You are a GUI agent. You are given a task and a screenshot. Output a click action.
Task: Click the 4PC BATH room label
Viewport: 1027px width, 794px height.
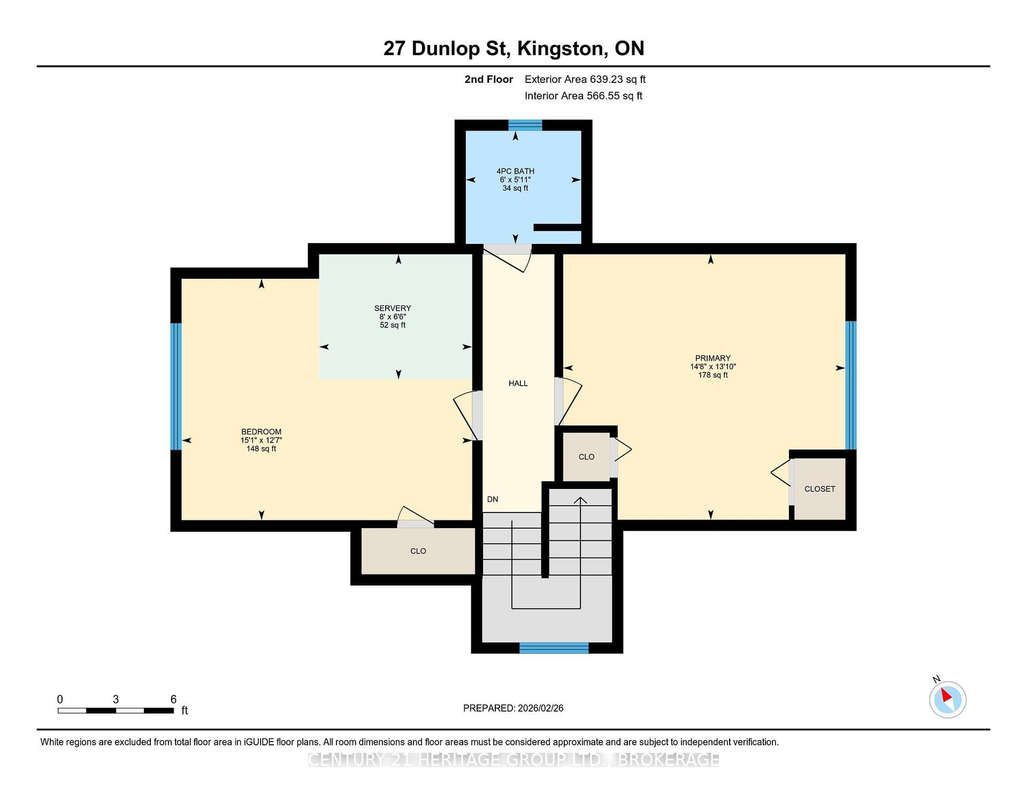pos(515,171)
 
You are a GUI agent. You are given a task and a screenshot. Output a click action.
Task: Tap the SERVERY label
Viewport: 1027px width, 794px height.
pos(393,308)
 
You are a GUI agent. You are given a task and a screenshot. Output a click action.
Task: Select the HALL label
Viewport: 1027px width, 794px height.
pos(518,383)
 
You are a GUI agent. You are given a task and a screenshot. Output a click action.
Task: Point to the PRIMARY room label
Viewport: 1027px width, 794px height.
pos(712,358)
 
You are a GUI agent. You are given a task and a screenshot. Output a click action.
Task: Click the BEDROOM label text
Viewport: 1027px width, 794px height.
pos(261,432)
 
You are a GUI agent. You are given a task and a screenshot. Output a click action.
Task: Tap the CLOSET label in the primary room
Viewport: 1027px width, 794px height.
pos(819,489)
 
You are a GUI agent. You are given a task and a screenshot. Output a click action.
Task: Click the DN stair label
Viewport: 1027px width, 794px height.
pos(493,499)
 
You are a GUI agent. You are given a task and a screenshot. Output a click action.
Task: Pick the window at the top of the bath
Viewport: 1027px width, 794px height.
pos(525,125)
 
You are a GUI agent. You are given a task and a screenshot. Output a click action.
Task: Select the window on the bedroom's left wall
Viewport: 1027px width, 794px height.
pos(176,386)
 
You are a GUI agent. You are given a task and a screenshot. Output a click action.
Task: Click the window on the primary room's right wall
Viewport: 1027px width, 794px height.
pos(850,385)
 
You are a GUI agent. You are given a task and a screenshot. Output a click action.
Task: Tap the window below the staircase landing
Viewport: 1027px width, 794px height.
pos(554,647)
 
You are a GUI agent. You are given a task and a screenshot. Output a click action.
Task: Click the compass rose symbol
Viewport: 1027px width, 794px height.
pos(947,699)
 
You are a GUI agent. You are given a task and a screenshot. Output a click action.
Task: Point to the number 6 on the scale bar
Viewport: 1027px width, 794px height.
pos(173,699)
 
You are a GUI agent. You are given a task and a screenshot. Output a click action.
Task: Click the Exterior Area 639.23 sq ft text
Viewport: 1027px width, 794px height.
pos(585,79)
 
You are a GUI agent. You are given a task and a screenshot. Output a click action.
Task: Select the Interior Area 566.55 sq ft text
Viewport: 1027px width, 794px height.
pos(584,96)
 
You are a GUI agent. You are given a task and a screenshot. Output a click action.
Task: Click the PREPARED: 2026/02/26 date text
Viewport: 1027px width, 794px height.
pos(513,708)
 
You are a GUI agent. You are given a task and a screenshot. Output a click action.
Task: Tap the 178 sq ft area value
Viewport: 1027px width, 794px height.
pos(712,375)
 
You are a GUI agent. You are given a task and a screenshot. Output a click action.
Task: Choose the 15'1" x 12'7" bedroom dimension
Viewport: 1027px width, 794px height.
pos(261,440)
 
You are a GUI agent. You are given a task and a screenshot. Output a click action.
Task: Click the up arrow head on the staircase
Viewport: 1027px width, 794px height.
pos(580,500)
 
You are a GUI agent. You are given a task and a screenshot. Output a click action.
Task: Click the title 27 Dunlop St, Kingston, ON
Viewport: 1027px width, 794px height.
pos(513,49)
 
